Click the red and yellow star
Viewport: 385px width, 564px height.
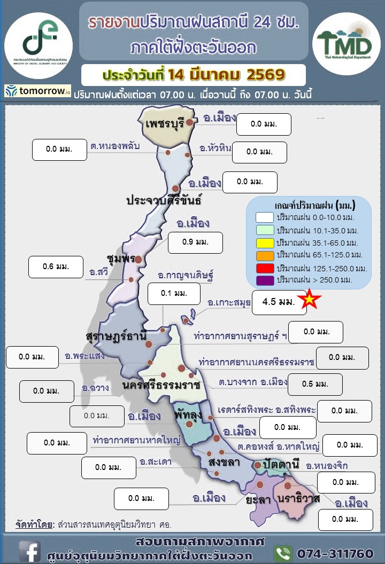(x=309, y=300)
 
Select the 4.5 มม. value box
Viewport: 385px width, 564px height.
(x=279, y=302)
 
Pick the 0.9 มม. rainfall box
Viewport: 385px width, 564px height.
(x=195, y=242)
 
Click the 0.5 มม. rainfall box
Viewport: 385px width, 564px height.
(x=315, y=384)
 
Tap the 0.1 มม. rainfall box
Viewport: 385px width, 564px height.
(x=173, y=294)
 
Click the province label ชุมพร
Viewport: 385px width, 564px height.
(x=120, y=258)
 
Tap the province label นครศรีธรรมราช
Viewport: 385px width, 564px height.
(x=161, y=385)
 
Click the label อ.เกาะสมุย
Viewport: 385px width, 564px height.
(x=229, y=303)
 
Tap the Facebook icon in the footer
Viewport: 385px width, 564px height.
(x=30, y=551)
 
